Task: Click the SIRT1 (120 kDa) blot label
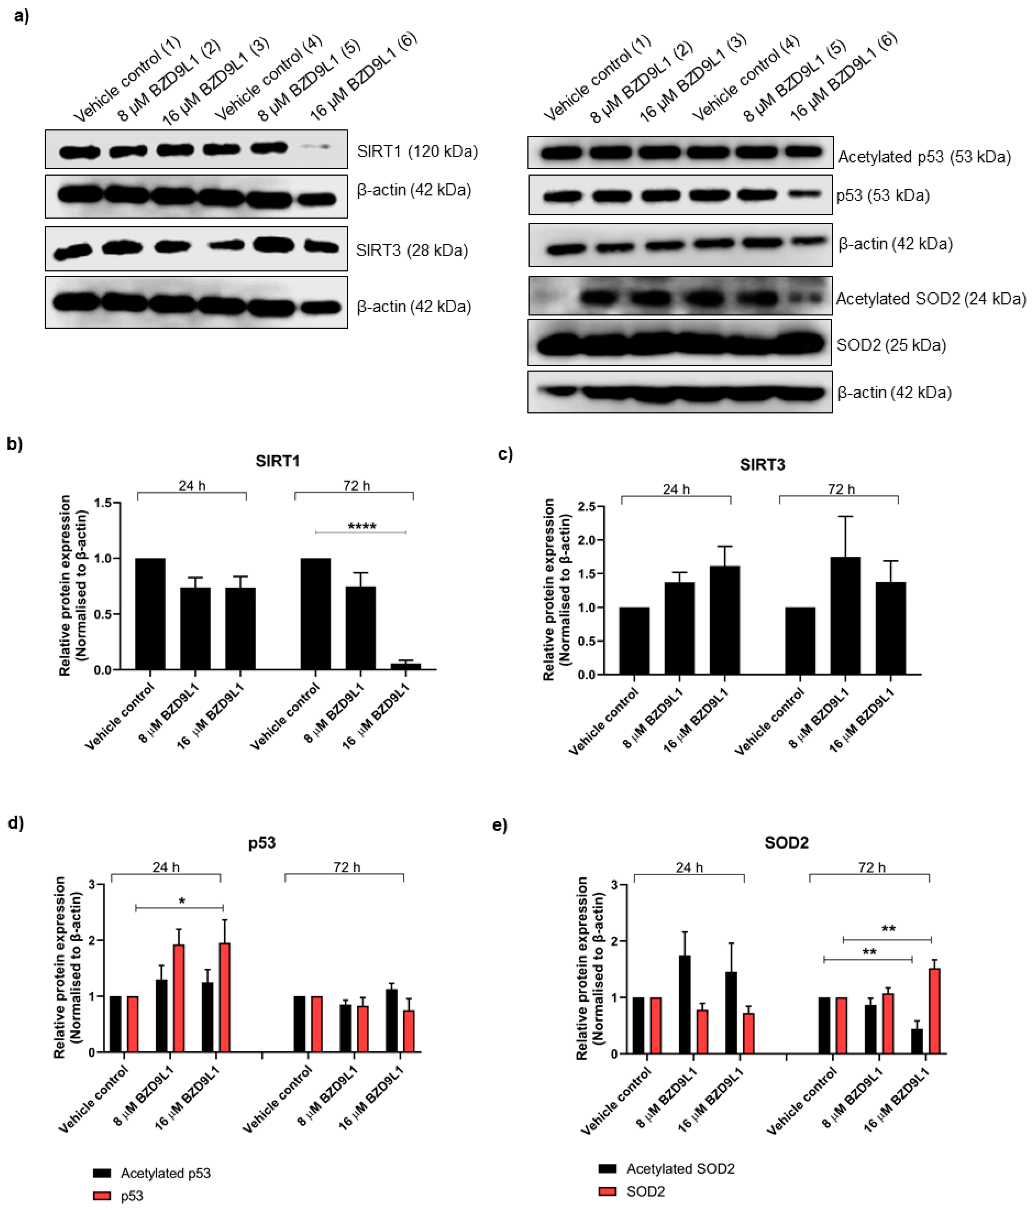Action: [x=417, y=152]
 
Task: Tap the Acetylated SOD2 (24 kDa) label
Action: [x=930, y=299]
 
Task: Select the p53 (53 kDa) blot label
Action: [x=882, y=196]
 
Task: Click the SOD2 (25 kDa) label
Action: [x=891, y=345]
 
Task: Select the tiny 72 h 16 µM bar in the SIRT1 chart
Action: [x=406, y=666]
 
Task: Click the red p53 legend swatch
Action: [x=102, y=1195]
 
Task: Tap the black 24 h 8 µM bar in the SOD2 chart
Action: [x=684, y=1005]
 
